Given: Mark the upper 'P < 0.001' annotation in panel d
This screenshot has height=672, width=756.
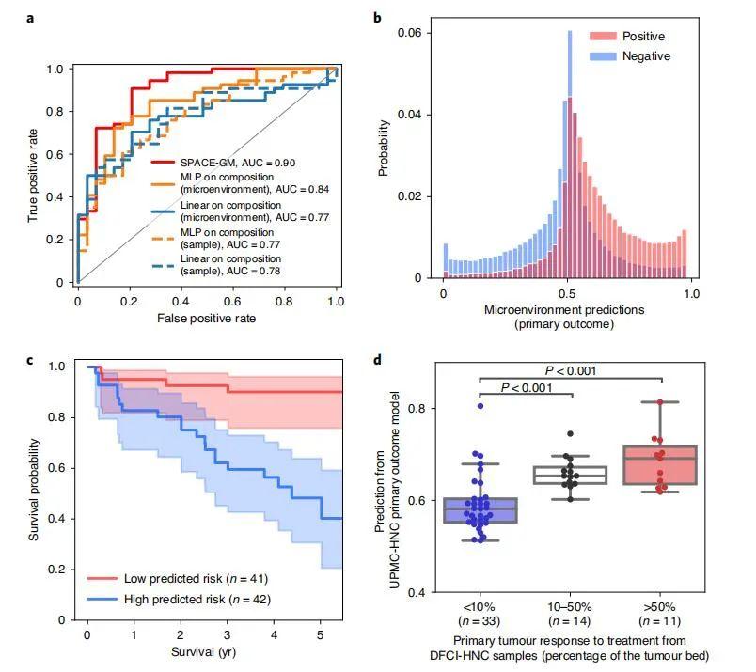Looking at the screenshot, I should tap(571, 370).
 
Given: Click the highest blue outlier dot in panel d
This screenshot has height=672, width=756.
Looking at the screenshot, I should tap(480, 406).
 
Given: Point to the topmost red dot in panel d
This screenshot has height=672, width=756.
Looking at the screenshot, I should tap(661, 402).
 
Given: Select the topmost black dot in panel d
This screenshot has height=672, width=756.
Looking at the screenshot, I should tap(570, 434).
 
